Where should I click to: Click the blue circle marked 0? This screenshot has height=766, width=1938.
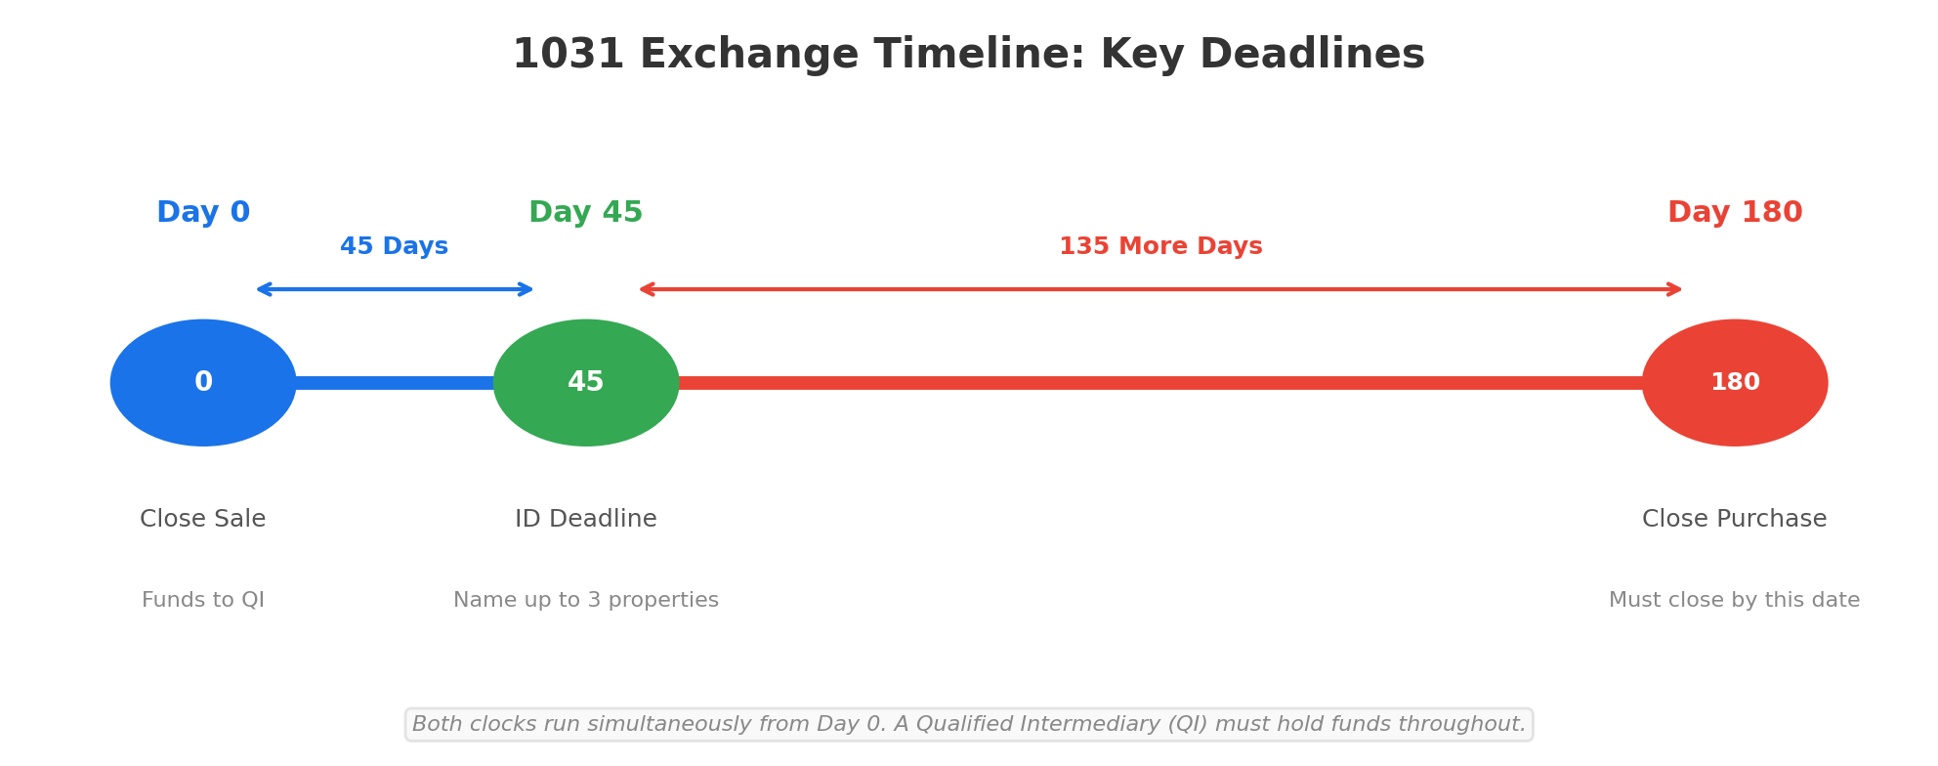203,383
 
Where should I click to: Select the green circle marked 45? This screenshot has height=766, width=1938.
586,383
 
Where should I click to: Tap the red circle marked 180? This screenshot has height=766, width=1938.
1735,383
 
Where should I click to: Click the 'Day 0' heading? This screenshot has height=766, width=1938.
203,213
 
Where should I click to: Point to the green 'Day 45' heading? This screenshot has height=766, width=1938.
586,213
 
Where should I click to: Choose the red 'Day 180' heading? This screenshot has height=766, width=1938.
1735,213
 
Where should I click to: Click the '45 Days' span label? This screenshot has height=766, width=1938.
394,247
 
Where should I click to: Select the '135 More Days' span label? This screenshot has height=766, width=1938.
1160,247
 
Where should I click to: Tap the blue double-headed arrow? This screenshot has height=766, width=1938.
395,289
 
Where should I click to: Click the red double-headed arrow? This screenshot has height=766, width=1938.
1160,289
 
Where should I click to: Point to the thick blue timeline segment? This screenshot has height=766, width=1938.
395,383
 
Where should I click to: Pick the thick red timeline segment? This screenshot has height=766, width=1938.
1160,383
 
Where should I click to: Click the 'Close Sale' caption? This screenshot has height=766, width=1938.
203,520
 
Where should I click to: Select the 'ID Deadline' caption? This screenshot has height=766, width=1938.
586,520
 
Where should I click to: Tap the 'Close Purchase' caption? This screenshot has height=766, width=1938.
1735,520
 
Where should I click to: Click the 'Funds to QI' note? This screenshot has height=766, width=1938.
203,601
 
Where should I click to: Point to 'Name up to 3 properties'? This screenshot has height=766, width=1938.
586,601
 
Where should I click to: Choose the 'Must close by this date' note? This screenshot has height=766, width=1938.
1735,601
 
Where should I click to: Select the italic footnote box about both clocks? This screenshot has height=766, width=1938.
969,725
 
